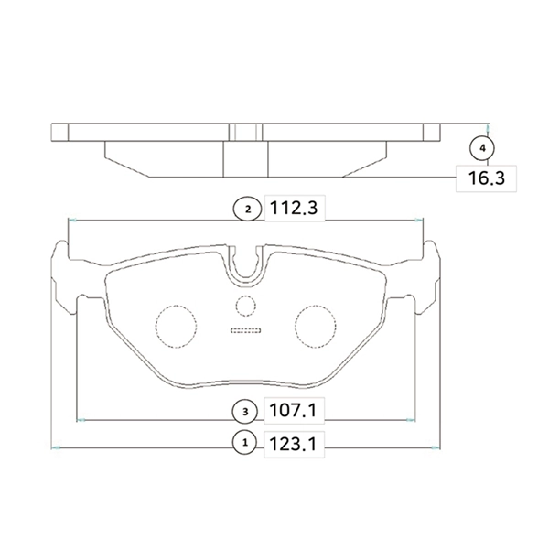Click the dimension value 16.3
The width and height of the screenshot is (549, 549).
click(487, 178)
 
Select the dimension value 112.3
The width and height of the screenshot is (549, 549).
click(294, 209)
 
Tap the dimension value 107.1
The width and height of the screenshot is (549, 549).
click(293, 410)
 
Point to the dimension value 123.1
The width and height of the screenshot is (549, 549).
click(293, 445)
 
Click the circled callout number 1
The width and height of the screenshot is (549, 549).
click(245, 443)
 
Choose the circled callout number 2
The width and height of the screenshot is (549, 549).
click(248, 210)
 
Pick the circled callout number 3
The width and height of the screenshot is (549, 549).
click(245, 412)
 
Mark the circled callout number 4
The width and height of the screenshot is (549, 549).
click(482, 148)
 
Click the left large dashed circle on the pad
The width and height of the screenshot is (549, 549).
click(176, 327)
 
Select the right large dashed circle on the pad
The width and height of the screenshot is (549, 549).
click(316, 327)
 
